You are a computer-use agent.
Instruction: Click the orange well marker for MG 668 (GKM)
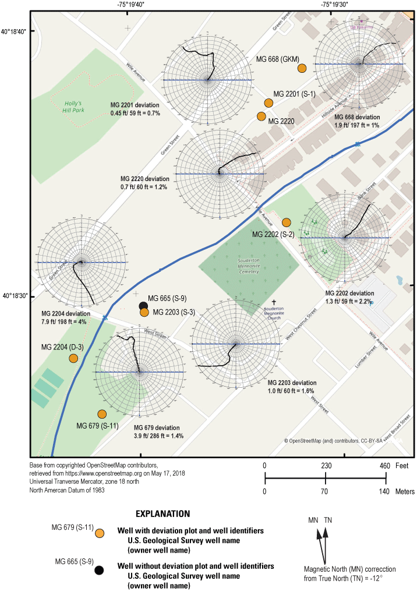point(302,69)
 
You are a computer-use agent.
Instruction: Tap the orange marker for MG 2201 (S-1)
point(268,103)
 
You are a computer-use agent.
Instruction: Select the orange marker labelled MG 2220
point(261,116)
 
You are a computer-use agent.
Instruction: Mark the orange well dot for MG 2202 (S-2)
point(286,222)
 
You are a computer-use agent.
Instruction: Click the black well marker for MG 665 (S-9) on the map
point(143,306)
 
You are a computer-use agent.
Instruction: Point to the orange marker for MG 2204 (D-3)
point(73,358)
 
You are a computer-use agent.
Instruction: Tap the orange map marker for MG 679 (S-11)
point(102,414)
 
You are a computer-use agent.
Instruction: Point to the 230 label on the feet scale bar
point(326,465)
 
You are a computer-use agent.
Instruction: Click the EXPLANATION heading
point(162,514)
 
